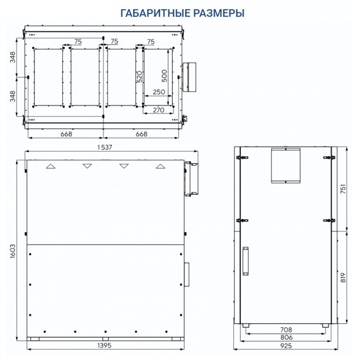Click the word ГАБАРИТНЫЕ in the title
tap(152, 13)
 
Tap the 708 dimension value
tap(286, 330)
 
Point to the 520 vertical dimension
tap(139, 77)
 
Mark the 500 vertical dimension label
tap(165, 76)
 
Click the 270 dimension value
tap(158, 110)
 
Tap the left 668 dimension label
tap(65, 134)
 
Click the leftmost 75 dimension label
tap(78, 41)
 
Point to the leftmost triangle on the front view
tap(50, 167)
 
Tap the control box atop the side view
tap(285, 165)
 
